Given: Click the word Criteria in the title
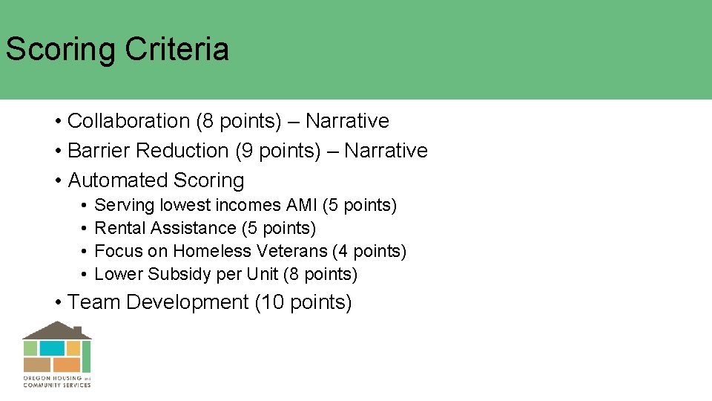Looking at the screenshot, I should tap(177, 50).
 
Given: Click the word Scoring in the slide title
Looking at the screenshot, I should tap(61, 50).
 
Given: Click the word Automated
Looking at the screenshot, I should tap(118, 180).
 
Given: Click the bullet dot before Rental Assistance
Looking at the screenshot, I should tap(86, 228).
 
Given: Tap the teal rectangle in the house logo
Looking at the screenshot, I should tap(52, 348).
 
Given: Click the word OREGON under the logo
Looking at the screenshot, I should tap(36, 379).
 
